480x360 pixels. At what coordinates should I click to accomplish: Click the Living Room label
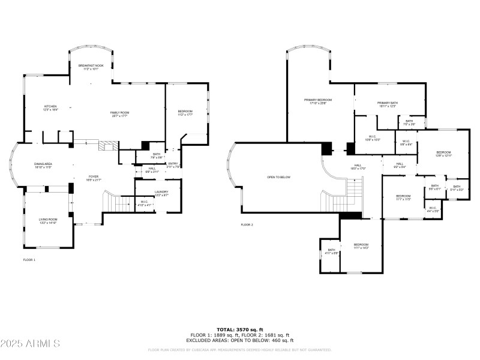pos(48,221)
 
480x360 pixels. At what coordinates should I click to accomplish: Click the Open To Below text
pos(278,177)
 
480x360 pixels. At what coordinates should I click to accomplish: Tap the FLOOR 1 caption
pos(29,260)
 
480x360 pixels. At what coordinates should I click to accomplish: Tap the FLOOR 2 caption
pos(247,224)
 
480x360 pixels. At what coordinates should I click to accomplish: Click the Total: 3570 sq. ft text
pos(239,329)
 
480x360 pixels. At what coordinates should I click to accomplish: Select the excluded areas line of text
pos(239,340)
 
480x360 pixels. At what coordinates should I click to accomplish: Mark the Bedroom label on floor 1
pos(185,113)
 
